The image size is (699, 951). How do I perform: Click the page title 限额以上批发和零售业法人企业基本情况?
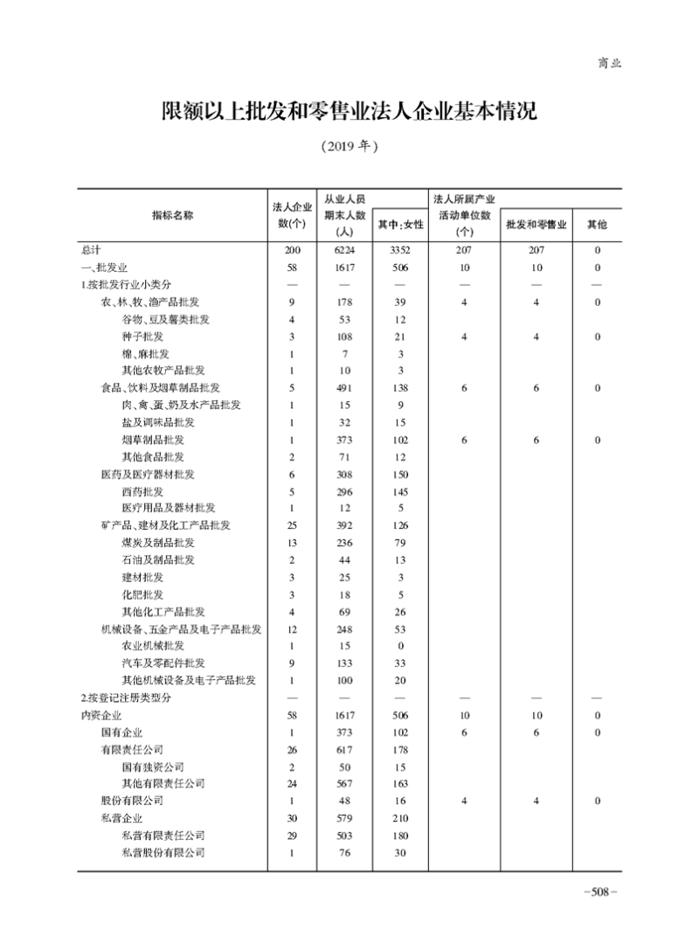click(x=349, y=112)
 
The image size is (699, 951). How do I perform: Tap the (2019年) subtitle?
click(x=349, y=146)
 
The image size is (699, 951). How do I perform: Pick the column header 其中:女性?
click(x=400, y=225)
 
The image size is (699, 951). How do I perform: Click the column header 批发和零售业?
click(x=536, y=225)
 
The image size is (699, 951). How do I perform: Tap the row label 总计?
click(x=91, y=251)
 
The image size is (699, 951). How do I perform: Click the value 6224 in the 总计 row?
click(x=343, y=251)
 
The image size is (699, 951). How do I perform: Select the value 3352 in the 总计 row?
click(x=400, y=251)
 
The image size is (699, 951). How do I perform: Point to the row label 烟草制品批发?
click(x=153, y=440)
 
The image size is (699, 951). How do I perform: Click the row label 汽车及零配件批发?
click(x=164, y=663)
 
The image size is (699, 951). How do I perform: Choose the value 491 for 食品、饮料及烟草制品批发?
click(x=343, y=388)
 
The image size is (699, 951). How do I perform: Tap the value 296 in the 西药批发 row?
click(x=343, y=491)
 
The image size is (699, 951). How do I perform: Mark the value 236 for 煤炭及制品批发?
click(x=343, y=543)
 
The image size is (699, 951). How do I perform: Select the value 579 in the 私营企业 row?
click(x=343, y=817)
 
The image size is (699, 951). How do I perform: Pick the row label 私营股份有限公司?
click(x=163, y=852)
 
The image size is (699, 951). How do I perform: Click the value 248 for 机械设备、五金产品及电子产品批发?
click(x=343, y=628)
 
